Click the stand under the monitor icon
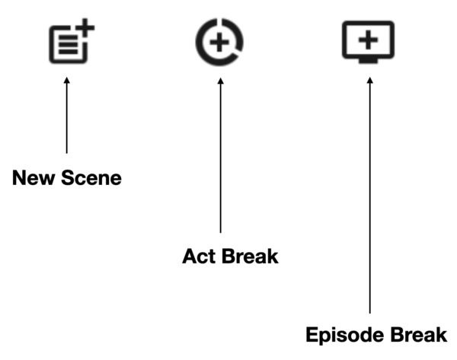tap(369, 58)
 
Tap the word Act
tap(199, 256)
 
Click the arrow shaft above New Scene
tap(67, 114)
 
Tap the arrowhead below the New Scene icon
tap(67, 79)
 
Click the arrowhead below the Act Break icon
tap(220, 79)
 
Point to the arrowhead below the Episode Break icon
tap(370, 79)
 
